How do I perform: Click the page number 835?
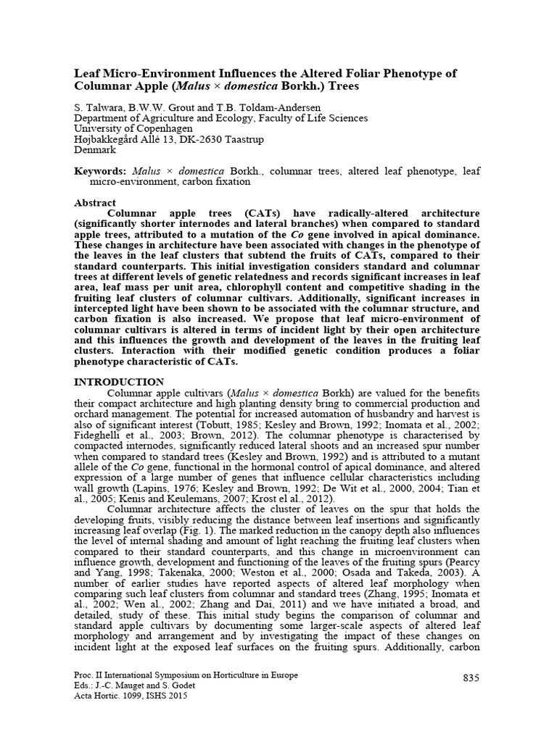pyautogui.click(x=471, y=678)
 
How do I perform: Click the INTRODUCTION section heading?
pyautogui.click(x=120, y=381)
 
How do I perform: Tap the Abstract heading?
pyautogui.click(x=96, y=203)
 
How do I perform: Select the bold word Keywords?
pyautogui.click(x=102, y=171)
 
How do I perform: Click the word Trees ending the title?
pyautogui.click(x=342, y=86)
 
